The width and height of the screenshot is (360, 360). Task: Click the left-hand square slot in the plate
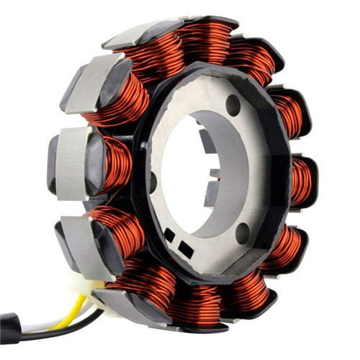point(169,235)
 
